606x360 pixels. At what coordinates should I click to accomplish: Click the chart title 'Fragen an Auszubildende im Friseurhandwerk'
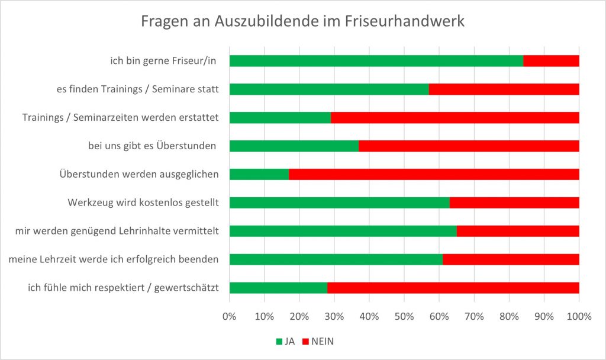302,22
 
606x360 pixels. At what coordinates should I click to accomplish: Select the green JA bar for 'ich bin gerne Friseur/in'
376,61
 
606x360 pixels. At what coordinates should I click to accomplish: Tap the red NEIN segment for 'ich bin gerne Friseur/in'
551,61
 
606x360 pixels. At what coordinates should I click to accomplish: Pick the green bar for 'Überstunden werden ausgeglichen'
259,174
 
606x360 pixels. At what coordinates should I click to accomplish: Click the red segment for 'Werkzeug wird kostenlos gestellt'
514,202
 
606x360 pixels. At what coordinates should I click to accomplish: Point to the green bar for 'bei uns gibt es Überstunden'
294,146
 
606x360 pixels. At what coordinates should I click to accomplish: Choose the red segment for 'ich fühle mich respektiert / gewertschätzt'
453,288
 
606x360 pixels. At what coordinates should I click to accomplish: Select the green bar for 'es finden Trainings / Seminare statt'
329,89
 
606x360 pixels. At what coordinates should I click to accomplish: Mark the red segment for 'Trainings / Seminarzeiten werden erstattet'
454,117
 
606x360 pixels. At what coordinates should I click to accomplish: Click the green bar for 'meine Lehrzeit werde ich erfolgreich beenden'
336,259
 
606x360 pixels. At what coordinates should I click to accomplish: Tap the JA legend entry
285,341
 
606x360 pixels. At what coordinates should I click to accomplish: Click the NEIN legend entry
318,341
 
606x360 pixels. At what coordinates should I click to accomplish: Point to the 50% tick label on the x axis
404,316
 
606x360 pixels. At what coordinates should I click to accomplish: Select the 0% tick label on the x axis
230,316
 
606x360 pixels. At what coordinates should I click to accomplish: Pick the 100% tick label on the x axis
579,316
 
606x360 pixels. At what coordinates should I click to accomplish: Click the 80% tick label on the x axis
509,316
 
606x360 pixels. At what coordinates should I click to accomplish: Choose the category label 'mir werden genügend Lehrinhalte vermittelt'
117,231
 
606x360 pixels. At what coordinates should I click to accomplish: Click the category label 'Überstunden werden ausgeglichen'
140,174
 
